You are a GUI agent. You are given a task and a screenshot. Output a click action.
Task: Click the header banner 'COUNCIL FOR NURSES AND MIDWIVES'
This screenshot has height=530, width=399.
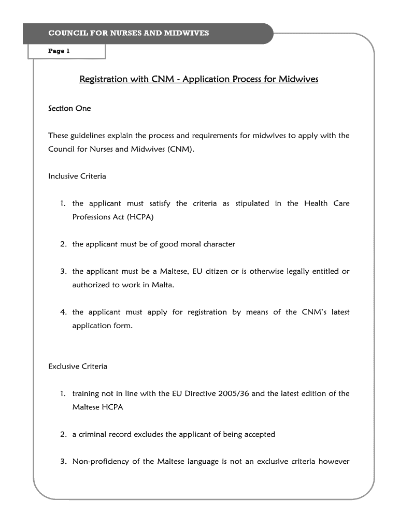tap(129, 33)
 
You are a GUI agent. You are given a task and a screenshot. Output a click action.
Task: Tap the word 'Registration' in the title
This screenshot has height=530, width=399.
tap(103, 79)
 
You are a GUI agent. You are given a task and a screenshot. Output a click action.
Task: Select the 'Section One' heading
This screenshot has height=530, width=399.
tap(69, 108)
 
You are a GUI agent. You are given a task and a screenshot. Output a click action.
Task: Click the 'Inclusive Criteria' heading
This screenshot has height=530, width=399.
tap(77, 176)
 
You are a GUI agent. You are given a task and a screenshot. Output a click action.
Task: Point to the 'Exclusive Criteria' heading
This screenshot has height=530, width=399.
tap(78, 366)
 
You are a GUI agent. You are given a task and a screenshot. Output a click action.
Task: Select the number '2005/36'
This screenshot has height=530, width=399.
tap(235, 393)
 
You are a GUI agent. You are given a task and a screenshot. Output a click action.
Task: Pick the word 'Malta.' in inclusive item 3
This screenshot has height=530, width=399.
tap(163, 285)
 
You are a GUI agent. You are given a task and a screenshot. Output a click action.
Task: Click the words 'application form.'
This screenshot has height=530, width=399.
tap(103, 326)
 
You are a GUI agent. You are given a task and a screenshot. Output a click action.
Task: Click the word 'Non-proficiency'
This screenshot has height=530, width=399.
tap(99, 462)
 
